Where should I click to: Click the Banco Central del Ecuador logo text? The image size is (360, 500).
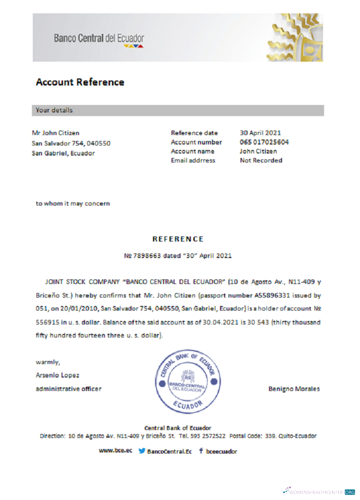point(99,38)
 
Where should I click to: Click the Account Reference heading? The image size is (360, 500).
point(80,82)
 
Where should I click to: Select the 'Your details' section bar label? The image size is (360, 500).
point(54,110)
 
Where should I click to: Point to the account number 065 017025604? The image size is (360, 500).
point(264,142)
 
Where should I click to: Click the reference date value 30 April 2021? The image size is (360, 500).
point(260,133)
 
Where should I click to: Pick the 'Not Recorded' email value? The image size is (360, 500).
point(261,160)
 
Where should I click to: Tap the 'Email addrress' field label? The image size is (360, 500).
point(193,160)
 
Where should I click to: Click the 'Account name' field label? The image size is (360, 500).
point(192,151)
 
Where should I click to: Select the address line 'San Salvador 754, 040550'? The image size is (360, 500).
point(71,143)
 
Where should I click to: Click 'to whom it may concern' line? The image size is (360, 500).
point(72,203)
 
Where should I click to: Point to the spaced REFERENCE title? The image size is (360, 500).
point(178,239)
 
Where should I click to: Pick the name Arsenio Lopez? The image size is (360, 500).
point(57,375)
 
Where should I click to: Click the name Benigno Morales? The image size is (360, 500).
point(294,389)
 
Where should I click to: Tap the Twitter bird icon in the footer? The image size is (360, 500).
point(142,451)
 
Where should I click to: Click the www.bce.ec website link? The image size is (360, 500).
point(115,451)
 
